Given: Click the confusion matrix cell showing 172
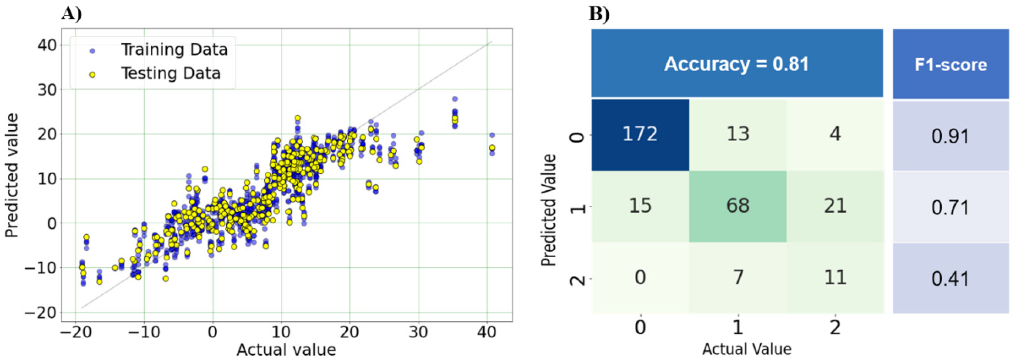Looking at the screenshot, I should click(x=640, y=134).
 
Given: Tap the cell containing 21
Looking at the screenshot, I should click(x=835, y=206).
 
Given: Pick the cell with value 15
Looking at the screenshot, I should click(x=640, y=206).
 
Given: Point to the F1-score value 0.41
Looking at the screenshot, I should click(x=950, y=279).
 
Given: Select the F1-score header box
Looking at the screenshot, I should click(x=950, y=64).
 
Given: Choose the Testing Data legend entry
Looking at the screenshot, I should click(x=170, y=74).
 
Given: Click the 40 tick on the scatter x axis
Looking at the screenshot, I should click(x=487, y=333).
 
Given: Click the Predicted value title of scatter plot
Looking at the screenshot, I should click(x=12, y=176).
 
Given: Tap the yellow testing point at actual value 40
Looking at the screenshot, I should click(x=492, y=148).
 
